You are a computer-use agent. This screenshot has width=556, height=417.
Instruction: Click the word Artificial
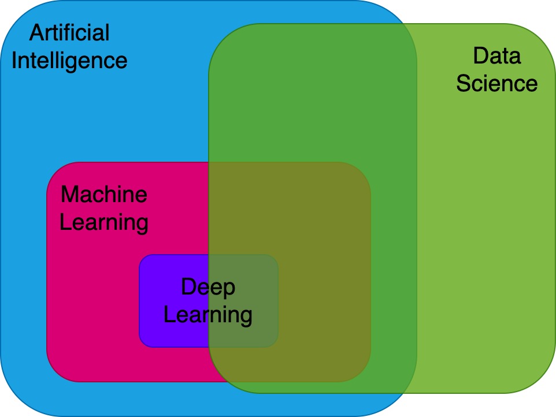[69, 33]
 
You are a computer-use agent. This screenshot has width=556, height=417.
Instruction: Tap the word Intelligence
[69, 60]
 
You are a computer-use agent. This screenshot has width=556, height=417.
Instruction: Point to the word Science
[496, 83]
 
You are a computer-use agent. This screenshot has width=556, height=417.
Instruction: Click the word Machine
[104, 194]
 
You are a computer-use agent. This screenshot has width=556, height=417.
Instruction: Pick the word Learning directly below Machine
[104, 222]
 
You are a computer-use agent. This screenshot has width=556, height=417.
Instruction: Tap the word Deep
[208, 287]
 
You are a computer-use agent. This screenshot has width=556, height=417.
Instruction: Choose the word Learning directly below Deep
[208, 315]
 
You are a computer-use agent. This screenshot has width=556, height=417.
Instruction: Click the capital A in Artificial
[36, 33]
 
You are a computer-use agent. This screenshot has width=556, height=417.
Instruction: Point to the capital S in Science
[463, 83]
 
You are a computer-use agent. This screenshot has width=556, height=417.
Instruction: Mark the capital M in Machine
[69, 194]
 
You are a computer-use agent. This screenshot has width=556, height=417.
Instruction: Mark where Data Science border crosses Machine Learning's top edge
[209, 162]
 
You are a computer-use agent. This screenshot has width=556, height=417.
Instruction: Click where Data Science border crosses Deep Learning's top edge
[209, 255]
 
